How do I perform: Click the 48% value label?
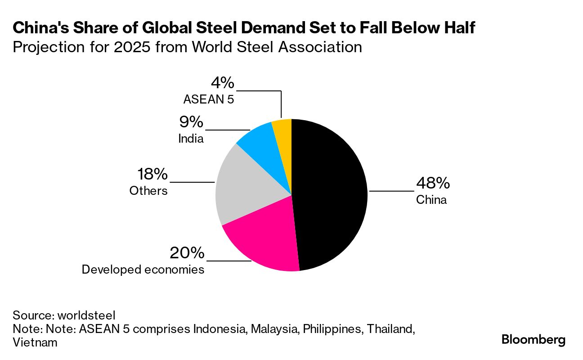coord(433,183)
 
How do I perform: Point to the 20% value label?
coord(187,253)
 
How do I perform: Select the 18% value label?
coord(152,174)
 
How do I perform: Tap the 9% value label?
coord(191,122)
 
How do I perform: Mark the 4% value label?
coord(222,83)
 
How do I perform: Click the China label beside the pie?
coord(431,200)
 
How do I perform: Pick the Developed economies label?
coord(143,270)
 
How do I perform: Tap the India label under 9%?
coord(191,139)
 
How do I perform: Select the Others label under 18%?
coord(148,191)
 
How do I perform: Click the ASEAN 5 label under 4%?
coord(209,99)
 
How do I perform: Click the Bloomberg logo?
coord(534,340)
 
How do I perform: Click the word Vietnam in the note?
coord(35,342)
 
